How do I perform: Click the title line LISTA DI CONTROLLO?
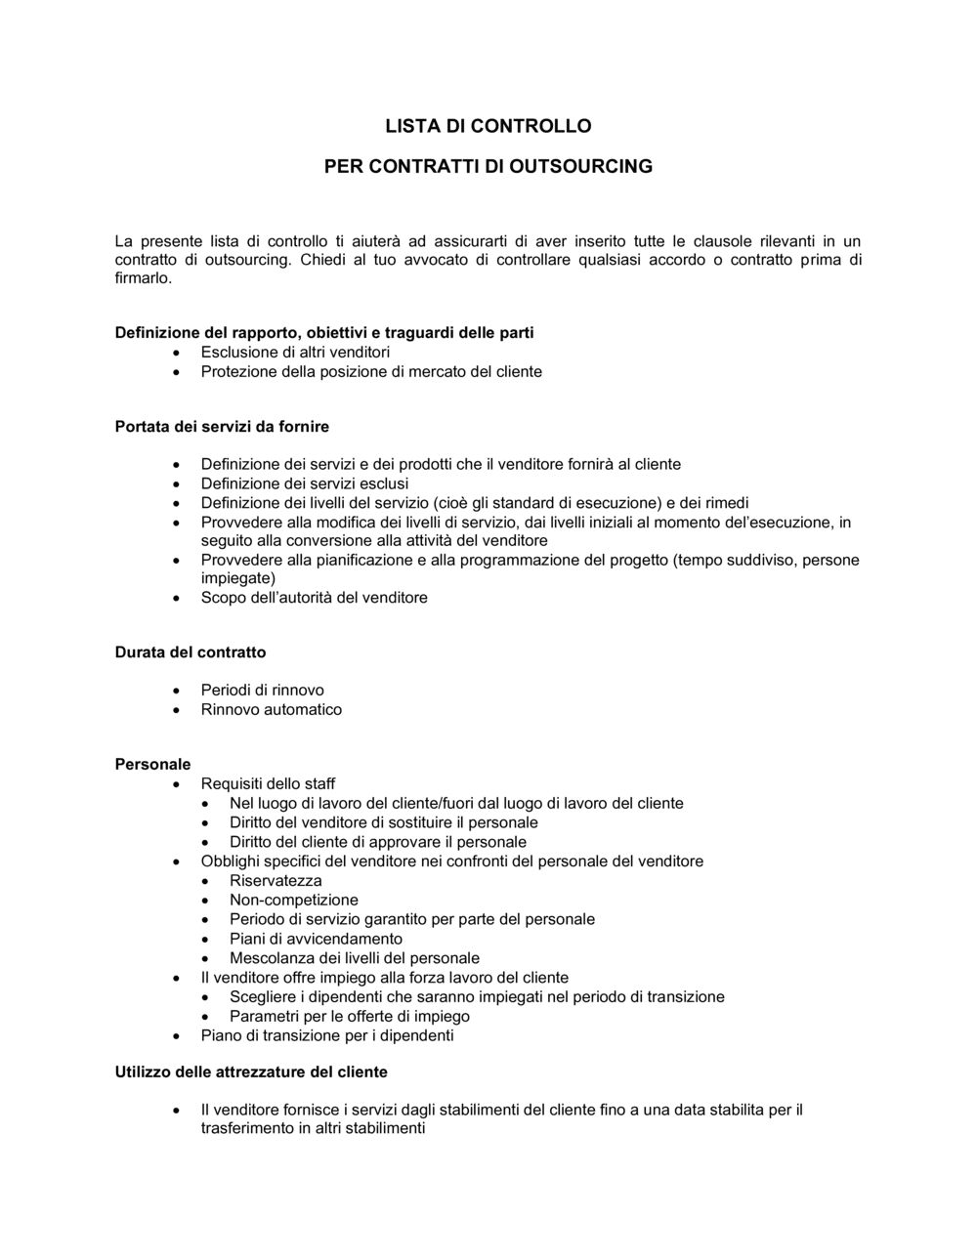[x=488, y=126]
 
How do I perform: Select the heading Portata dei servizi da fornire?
[x=222, y=427]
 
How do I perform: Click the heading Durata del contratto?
[x=191, y=652]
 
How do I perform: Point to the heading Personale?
[x=152, y=765]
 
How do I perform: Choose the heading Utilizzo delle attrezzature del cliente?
[x=251, y=1072]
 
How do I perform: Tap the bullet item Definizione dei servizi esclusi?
[x=305, y=483]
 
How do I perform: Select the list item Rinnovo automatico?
[x=272, y=710]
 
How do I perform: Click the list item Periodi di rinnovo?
[x=262, y=691]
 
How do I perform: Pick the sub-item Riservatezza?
[x=276, y=881]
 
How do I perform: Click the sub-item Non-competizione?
[x=294, y=901]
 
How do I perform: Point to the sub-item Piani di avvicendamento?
[x=316, y=939]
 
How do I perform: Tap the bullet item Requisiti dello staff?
[x=268, y=784]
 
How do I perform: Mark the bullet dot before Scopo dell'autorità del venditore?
[x=176, y=599]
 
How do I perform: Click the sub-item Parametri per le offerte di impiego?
[x=350, y=1017]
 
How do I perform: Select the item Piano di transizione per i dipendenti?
[x=327, y=1035]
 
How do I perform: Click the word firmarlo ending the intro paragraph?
[x=143, y=278]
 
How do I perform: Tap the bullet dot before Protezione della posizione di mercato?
[x=176, y=373]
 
